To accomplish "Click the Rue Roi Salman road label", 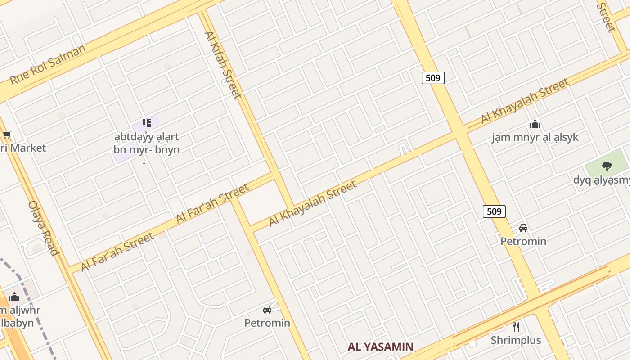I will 48,64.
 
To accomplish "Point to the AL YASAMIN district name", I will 381,347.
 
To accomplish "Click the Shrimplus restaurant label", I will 516,340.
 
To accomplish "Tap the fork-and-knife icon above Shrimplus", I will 516,327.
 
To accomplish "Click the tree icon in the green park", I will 607,166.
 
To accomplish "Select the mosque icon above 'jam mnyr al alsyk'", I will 535,124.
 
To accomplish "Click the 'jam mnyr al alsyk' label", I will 535,137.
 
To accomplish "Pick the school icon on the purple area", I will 146,123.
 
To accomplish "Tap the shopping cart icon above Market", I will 7,135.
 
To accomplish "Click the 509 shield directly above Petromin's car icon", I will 494,211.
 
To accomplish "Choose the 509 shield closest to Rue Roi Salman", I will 433,78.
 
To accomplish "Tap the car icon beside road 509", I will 523,228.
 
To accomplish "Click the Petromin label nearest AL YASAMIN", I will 267,323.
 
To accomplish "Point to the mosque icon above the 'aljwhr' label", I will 14,297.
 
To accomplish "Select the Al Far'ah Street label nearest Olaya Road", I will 117,252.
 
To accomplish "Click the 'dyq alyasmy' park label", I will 601,180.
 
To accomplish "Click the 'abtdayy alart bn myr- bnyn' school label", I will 147,143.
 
